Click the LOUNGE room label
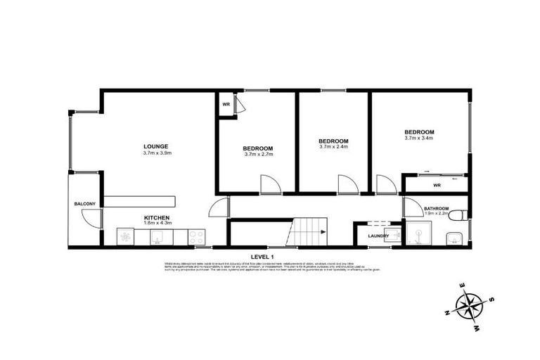(157, 146)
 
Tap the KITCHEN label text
(157, 218)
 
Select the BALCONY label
(84, 204)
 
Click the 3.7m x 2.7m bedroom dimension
(258, 154)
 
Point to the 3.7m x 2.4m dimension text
(333, 147)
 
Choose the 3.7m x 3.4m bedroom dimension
(418, 138)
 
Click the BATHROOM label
(437, 209)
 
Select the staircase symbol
(309, 232)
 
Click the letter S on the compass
(491, 299)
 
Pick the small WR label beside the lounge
(226, 105)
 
